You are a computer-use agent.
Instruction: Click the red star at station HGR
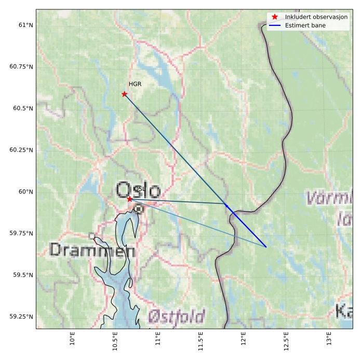point(124,94)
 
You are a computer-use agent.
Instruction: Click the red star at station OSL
point(129,199)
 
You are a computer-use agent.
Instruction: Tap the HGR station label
point(135,84)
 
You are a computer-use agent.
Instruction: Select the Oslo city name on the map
point(138,191)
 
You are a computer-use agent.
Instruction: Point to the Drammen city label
point(92,251)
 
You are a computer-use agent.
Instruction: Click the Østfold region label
point(177,316)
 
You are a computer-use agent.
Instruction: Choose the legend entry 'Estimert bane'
point(304,25)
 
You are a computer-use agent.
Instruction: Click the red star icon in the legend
point(275,17)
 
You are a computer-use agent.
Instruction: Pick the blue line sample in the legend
point(275,25)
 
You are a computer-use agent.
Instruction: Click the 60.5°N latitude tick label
point(21,108)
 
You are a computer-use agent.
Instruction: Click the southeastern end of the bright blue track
point(266,247)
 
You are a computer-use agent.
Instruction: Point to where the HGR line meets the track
point(226,204)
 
